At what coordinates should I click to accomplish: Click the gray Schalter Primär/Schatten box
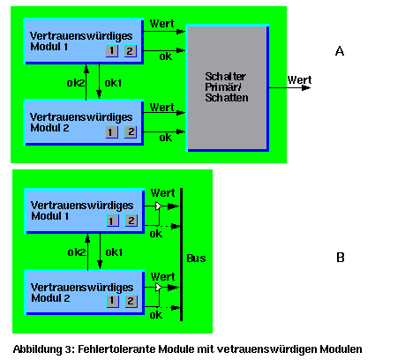228,87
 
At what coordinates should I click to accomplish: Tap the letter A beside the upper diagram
340,51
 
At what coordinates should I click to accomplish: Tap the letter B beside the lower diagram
341,258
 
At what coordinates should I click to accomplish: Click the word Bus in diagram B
196,259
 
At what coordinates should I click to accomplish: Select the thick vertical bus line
181,254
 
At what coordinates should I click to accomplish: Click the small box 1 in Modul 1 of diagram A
112,51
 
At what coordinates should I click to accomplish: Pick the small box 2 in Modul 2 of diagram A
131,132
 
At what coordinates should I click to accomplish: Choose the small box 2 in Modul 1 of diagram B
131,221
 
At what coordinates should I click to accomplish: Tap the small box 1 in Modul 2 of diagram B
113,302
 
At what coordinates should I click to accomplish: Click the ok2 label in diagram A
76,83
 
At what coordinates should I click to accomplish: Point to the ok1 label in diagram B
114,252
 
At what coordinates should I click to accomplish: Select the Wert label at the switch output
299,79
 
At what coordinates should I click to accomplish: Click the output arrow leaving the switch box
289,87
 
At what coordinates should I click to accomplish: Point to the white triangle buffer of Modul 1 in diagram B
158,206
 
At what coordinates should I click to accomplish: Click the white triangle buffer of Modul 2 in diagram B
158,288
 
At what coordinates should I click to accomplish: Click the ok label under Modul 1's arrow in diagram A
166,56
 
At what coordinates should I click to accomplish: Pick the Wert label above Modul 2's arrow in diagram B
162,277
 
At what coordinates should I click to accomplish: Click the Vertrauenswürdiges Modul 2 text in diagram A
81,123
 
